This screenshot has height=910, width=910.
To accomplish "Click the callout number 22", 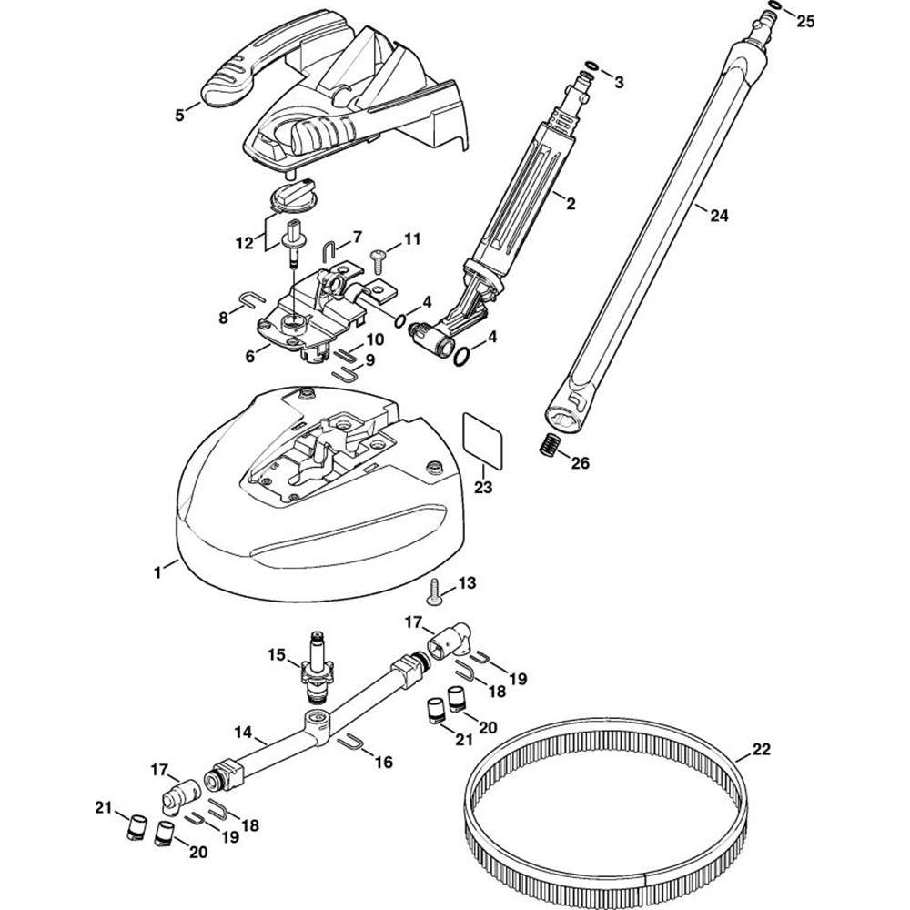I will [761, 751].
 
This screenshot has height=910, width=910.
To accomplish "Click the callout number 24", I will [718, 216].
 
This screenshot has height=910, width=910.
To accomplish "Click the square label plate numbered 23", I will [483, 431].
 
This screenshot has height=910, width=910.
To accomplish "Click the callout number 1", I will [157, 571].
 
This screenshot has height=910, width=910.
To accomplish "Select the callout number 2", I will [571, 204].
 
